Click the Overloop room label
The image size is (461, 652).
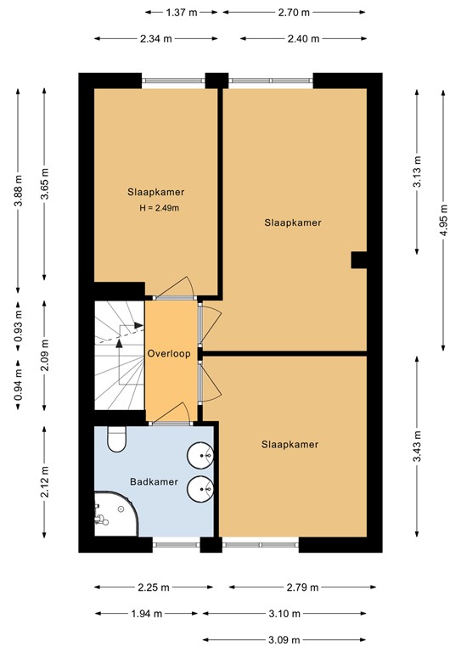coord(169,354)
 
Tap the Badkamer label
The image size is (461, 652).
coord(154,482)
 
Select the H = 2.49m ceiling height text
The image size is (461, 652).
coord(160,208)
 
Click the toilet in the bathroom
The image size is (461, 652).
coord(116,440)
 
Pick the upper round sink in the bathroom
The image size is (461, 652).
coord(200,456)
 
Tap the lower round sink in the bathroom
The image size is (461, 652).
coord(200,489)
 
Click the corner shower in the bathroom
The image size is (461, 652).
coord(115,514)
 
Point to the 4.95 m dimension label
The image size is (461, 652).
coord(443,220)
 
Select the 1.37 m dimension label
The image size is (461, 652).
coord(181,13)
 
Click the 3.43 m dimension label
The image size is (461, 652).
coord(417,447)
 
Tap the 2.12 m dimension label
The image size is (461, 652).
coord(45,481)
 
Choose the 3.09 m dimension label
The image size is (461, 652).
coord(284,639)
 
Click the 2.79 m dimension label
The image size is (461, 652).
coord(302,587)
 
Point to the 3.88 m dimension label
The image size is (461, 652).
coord(19,191)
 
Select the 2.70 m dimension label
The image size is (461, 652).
coord(294,13)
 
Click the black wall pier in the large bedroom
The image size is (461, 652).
coord(359,260)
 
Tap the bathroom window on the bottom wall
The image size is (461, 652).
coord(177,545)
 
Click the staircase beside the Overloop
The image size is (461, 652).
coord(120,355)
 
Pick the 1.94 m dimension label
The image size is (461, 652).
coord(146,613)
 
